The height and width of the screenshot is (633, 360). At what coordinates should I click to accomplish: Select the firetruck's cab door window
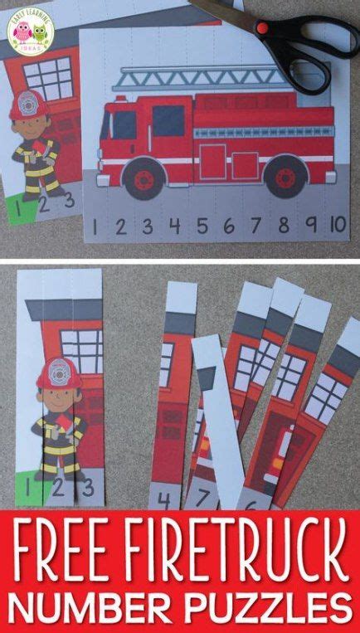pyautogui.click(x=124, y=124)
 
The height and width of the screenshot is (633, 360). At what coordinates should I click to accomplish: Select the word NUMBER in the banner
pyautogui.click(x=100, y=604)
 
